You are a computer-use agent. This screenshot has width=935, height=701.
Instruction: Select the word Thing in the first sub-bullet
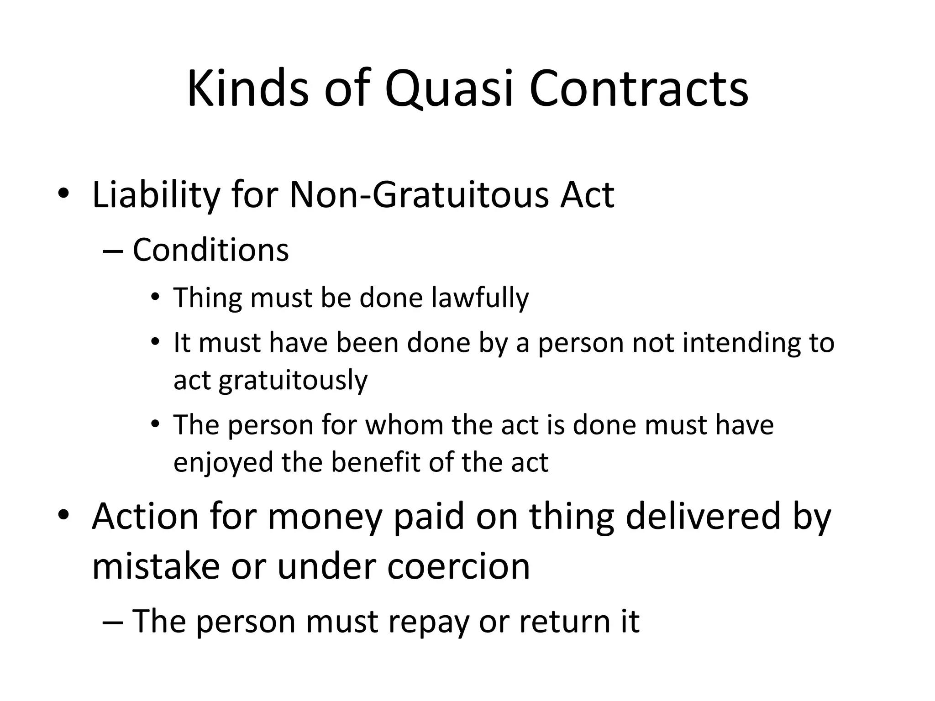(x=208, y=298)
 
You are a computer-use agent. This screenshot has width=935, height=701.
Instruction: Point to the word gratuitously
(x=293, y=380)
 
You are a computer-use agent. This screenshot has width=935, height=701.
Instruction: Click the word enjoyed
(x=223, y=462)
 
